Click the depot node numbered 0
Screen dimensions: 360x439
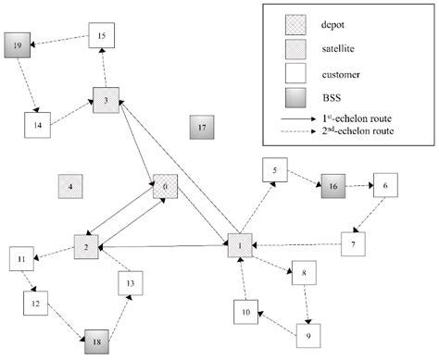166,187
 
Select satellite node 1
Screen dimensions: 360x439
240,247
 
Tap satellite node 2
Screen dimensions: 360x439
86,247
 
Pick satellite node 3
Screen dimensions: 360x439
106,100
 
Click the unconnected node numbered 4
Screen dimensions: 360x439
70,187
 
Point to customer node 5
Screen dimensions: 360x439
275,170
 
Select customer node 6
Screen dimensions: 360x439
385,185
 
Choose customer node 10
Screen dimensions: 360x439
244,313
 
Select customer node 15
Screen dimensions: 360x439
102,36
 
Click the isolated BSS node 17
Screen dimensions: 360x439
201,126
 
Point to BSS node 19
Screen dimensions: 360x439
18,43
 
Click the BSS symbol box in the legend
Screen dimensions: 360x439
301,94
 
